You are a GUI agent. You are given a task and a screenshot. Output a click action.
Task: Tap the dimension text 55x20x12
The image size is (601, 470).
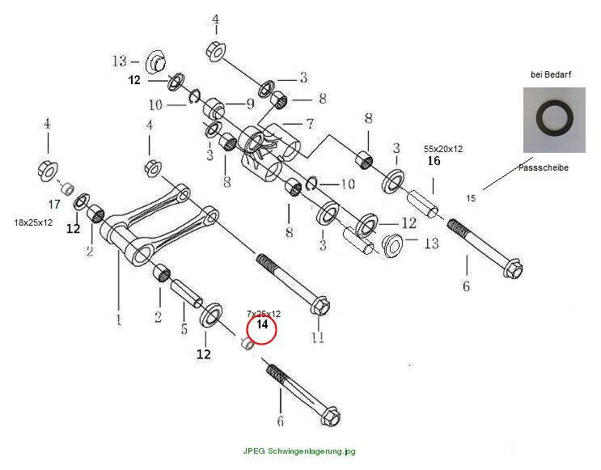(443, 149)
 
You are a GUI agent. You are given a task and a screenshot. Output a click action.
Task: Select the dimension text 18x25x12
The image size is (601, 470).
(33, 222)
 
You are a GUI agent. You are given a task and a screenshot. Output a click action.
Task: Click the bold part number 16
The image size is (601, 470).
(434, 161)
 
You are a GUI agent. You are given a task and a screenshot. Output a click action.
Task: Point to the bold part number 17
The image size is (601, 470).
(54, 205)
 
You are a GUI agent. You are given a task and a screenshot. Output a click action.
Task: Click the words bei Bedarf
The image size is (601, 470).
(551, 74)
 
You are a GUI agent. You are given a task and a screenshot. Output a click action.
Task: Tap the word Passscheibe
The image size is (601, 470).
(543, 167)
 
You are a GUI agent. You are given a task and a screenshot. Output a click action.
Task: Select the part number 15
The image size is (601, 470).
(471, 198)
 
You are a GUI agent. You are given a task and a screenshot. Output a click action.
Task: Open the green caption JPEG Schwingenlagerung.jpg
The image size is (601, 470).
(299, 451)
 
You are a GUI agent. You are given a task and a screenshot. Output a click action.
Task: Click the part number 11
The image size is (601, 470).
(317, 337)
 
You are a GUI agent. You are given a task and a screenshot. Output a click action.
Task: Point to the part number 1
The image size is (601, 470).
(119, 320)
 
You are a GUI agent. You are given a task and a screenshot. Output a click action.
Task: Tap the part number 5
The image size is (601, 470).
(184, 329)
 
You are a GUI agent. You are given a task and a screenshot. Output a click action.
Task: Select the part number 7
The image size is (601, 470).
(310, 124)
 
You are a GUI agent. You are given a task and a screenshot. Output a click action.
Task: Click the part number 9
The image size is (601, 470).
(250, 104)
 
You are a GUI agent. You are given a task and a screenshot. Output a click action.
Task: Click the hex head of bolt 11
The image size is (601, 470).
(320, 306)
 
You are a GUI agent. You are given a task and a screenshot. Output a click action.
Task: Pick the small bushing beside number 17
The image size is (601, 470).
(68, 188)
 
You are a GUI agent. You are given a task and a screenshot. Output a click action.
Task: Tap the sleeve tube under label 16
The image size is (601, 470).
(422, 205)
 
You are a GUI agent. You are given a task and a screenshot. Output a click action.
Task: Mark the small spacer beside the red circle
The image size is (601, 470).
(248, 344)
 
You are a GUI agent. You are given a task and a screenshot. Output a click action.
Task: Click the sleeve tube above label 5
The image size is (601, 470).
(187, 294)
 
